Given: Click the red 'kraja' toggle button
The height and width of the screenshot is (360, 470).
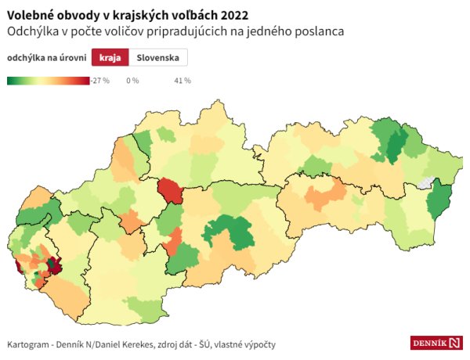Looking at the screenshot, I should [110, 58].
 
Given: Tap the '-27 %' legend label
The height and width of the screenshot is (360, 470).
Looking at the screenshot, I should [99, 81].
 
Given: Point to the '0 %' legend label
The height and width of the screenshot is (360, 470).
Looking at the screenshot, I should [132, 81].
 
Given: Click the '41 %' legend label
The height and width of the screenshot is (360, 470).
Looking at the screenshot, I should [182, 81].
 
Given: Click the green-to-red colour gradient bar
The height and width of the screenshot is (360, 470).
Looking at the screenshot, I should [48, 80].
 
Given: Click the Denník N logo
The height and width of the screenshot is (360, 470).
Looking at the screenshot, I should [436, 343].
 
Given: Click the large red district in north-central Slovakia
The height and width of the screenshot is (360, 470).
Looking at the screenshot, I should [170, 190].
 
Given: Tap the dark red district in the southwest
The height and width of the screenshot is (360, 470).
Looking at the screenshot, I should [54, 265].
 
